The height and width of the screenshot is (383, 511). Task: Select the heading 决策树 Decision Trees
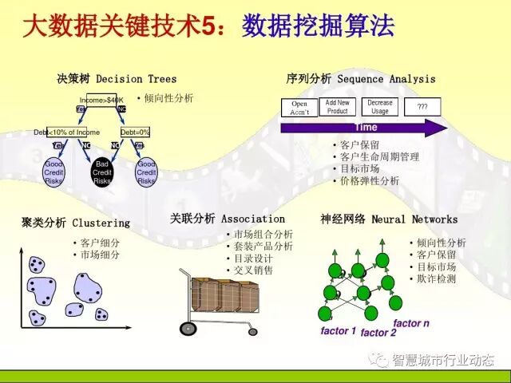117,79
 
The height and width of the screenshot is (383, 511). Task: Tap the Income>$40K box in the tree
101,100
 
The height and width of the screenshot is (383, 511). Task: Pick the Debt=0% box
135,132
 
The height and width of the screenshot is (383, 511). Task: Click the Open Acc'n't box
299,108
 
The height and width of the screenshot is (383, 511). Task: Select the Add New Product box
338,107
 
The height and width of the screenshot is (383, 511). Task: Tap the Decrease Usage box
380,107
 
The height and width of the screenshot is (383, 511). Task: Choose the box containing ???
422,107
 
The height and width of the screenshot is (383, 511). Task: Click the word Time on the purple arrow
365,128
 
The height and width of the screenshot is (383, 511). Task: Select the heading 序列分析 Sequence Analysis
361,79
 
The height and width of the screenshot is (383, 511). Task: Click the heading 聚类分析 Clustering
75,223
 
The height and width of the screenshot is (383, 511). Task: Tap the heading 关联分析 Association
228,218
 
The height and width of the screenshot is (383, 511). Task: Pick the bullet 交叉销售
253,270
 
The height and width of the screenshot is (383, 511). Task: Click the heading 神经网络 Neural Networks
389,219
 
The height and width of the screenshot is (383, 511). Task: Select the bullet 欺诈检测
436,279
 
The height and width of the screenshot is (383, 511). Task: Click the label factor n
411,323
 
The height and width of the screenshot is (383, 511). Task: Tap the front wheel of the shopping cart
188,328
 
